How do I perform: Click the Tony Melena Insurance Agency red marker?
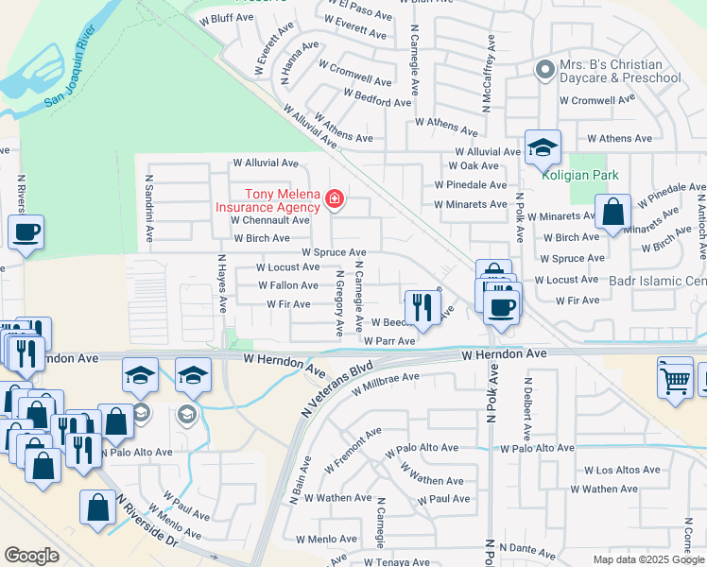point(334,198)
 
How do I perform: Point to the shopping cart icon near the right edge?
point(674,380)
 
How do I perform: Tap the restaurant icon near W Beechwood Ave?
point(422,307)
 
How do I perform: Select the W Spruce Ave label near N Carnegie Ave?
point(334,252)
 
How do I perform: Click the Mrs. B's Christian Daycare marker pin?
point(543,69)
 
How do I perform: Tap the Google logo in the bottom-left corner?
point(31,556)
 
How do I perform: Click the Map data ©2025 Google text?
point(647,559)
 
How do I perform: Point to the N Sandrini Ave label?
point(149,205)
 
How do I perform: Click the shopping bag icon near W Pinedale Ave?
point(612,214)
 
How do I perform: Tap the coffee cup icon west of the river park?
point(26,232)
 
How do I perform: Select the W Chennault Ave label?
point(270,220)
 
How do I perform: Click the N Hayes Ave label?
point(222,283)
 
